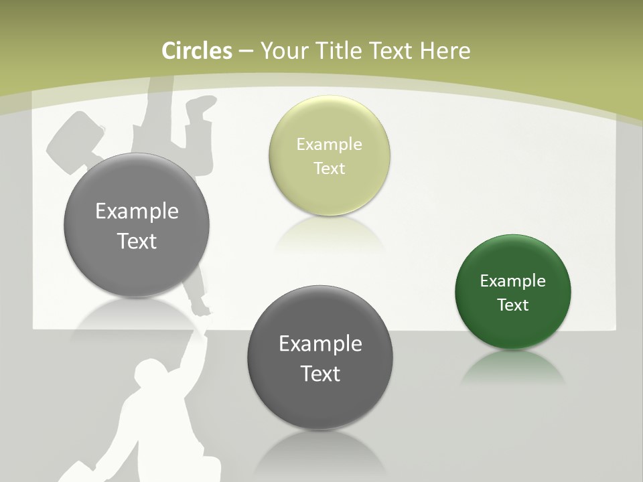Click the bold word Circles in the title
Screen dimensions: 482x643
click(197, 51)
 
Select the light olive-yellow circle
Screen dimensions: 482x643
click(329, 155)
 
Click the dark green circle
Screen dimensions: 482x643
click(513, 292)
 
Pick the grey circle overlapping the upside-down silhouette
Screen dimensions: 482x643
click(137, 225)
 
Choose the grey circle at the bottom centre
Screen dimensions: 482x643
click(320, 358)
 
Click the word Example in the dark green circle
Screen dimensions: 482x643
click(513, 281)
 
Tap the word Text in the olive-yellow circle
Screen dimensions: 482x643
click(329, 169)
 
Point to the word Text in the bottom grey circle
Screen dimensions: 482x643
click(320, 374)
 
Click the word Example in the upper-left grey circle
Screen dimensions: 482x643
click(137, 212)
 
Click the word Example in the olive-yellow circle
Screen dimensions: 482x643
click(329, 145)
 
